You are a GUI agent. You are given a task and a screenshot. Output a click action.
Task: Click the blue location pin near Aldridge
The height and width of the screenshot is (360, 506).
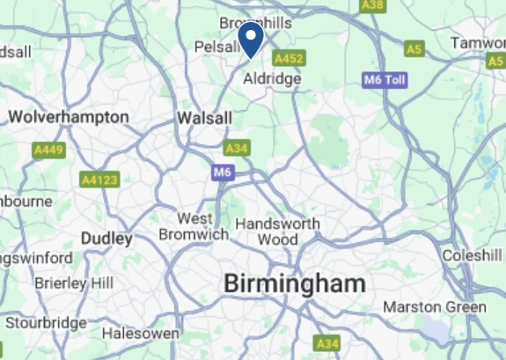(x=252, y=39)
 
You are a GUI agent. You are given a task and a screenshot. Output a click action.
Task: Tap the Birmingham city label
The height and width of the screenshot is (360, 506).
(x=294, y=283)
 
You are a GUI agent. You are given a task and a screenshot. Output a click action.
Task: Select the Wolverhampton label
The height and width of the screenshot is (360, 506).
(x=69, y=117)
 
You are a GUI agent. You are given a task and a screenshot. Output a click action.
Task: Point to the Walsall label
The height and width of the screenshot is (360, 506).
(x=204, y=118)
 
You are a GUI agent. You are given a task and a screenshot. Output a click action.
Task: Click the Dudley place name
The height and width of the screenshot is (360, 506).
(x=106, y=239)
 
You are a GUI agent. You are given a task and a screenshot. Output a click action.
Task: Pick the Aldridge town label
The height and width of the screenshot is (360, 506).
(x=272, y=78)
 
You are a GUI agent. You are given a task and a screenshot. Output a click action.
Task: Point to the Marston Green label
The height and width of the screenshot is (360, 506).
(x=435, y=307)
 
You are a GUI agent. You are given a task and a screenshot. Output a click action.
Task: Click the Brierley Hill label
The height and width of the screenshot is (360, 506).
(x=74, y=283)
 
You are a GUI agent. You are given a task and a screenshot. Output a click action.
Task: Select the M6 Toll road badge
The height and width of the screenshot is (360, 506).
(x=385, y=80)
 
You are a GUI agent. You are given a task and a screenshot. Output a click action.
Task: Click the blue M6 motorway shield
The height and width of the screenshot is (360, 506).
(x=222, y=173)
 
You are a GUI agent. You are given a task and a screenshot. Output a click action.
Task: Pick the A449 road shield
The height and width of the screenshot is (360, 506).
(x=49, y=151)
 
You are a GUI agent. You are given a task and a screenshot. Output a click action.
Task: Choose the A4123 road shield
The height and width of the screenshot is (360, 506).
(x=99, y=180)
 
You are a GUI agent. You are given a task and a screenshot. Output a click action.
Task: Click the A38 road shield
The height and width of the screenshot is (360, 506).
(x=373, y=5)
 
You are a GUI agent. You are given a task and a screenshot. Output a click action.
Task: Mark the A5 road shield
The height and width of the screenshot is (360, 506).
(x=414, y=48)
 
